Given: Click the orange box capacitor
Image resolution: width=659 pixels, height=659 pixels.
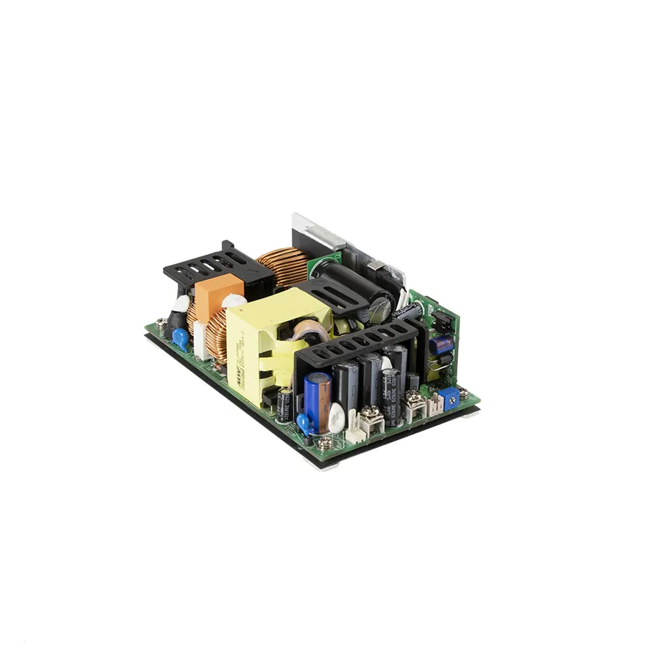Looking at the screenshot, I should click(210, 290).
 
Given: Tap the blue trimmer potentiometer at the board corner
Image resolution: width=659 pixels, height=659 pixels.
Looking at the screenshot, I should click(449, 396).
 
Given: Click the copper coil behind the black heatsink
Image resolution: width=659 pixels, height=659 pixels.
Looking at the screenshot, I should click(284, 266).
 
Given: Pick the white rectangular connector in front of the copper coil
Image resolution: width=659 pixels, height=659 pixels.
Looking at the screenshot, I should click(200, 347).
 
